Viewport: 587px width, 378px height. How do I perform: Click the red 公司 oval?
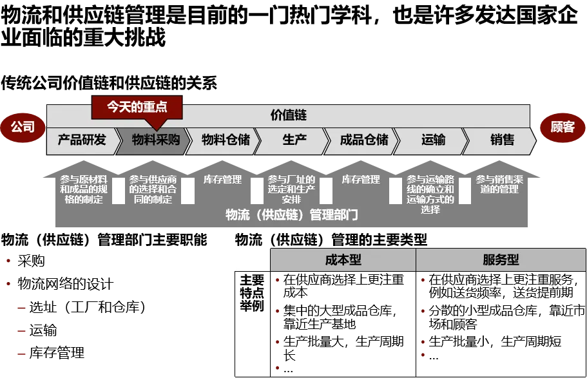[23, 127]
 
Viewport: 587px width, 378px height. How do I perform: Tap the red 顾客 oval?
[563, 127]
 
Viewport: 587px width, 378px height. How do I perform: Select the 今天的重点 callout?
[137, 106]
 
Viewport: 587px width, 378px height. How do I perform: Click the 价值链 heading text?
[288, 115]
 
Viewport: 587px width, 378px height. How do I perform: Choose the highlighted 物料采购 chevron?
[155, 140]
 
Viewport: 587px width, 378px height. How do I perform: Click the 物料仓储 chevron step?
[226, 140]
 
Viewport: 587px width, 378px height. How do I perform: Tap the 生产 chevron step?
[294, 140]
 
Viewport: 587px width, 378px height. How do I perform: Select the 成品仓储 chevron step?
[364, 140]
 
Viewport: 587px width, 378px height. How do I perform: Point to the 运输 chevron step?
[433, 140]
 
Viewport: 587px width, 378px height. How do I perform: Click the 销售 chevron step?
[502, 140]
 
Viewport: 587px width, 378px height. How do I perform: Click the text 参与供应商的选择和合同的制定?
[153, 189]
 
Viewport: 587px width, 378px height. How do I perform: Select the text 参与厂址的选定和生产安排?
[291, 189]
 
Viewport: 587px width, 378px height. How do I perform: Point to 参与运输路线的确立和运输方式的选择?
[430, 194]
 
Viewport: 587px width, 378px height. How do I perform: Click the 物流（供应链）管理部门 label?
[292, 215]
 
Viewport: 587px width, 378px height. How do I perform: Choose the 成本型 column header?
[343, 260]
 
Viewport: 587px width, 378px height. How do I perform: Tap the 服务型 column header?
[501, 260]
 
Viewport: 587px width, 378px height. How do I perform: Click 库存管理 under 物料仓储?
[222, 180]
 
